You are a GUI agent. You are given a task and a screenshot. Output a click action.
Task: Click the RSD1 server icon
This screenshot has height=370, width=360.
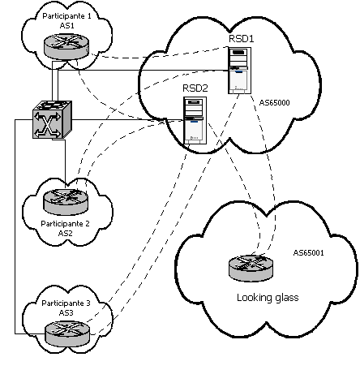(x=238, y=70)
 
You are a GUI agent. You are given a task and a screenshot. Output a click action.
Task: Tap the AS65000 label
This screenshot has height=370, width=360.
(x=277, y=103)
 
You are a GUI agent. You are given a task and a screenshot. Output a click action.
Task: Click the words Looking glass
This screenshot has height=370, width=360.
(x=268, y=298)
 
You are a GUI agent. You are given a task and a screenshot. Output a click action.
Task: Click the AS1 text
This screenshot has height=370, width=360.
(x=62, y=27)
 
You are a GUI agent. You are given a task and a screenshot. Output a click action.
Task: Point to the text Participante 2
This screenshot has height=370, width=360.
(x=63, y=222)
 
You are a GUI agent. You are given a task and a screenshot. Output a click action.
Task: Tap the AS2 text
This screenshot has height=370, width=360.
(x=65, y=232)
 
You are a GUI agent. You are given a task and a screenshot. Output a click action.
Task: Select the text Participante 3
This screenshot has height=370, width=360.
(x=63, y=303)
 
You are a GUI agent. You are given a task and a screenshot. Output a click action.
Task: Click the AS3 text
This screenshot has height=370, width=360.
(x=65, y=313)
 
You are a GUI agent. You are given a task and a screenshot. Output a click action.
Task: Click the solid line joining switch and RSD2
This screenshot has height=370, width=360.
(x=122, y=120)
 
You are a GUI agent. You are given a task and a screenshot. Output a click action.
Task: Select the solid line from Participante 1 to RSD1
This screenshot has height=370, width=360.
(x=154, y=71)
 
